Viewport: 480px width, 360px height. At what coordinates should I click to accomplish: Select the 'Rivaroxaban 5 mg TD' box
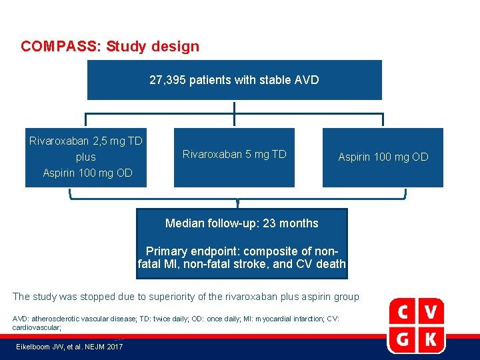234,155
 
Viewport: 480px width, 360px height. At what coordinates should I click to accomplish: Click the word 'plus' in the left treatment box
86,157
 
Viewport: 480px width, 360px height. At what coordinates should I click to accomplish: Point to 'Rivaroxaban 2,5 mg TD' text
86,141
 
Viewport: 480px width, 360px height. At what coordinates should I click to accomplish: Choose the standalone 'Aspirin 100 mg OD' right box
383,157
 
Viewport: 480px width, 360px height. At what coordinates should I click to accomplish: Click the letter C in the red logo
404,312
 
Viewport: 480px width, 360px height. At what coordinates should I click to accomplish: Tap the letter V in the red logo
431,312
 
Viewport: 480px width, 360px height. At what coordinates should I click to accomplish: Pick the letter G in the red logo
404,339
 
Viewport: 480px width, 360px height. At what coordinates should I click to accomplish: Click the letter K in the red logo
431,339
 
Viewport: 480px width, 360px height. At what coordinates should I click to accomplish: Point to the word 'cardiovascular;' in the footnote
37,327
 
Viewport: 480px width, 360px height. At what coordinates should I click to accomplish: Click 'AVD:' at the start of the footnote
21,319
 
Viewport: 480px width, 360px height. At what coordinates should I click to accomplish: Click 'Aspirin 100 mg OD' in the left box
87,173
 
